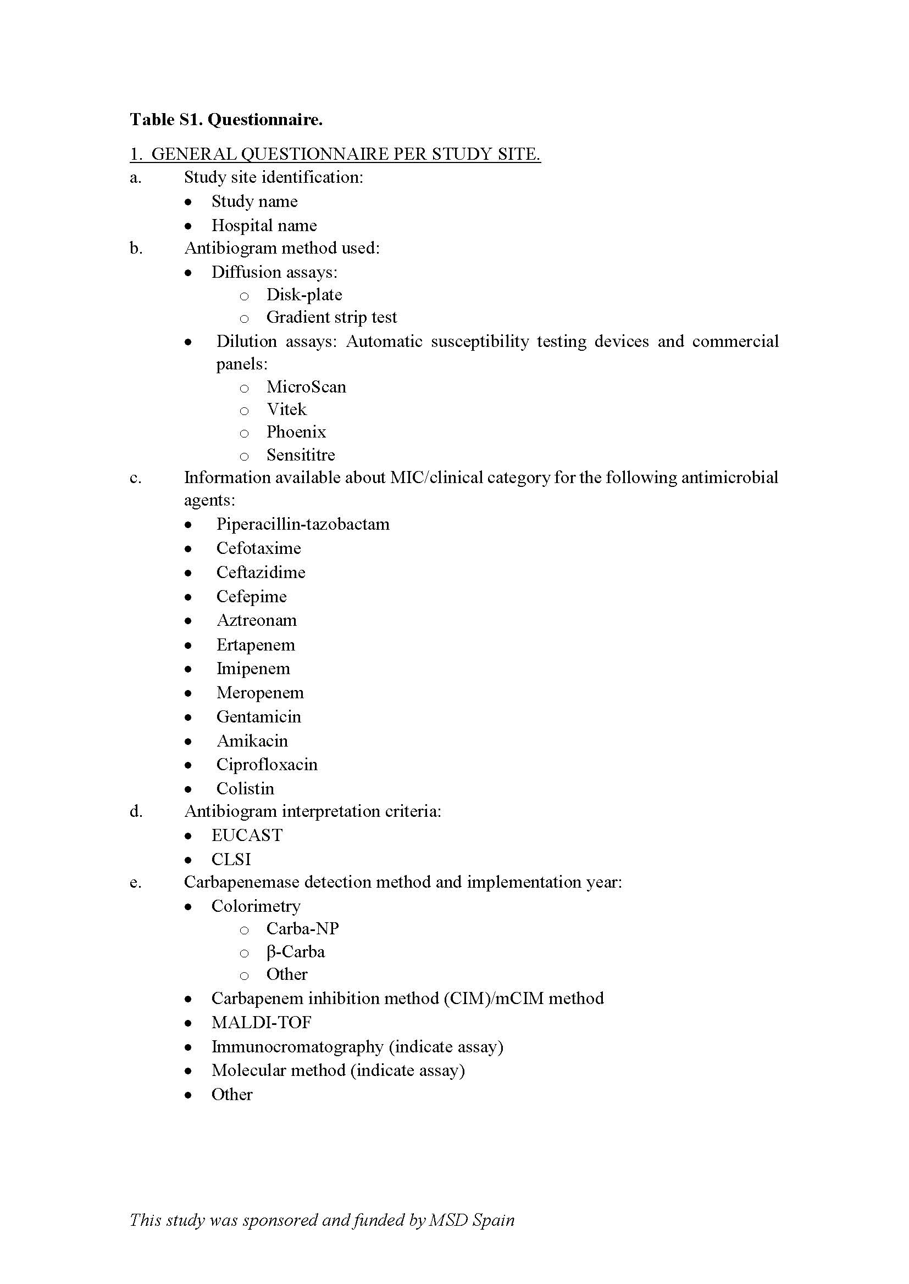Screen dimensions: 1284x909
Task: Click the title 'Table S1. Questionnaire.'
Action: click(226, 120)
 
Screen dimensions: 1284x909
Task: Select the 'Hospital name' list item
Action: click(264, 226)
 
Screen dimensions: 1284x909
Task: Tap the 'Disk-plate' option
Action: click(304, 295)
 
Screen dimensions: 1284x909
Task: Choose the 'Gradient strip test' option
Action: click(331, 317)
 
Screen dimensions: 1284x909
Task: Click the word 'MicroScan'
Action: click(306, 387)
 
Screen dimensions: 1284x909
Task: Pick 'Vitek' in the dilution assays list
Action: click(286, 410)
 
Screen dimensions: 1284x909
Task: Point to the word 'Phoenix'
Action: click(296, 431)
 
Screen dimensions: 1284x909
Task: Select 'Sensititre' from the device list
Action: click(301, 455)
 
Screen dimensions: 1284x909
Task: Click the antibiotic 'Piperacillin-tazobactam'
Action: click(303, 524)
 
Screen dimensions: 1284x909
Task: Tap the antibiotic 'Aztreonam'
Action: click(256, 620)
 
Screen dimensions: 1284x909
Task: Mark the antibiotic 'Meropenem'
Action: click(260, 693)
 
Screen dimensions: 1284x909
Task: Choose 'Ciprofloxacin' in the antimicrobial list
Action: click(267, 765)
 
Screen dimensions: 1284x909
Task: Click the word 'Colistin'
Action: click(245, 788)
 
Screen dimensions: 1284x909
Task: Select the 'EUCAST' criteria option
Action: click(247, 835)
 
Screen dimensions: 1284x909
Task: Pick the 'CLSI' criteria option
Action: click(231, 859)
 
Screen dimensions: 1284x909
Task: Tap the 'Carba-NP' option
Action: click(303, 928)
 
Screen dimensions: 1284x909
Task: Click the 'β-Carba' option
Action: click(296, 952)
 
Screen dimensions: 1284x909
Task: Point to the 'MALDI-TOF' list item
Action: click(262, 1022)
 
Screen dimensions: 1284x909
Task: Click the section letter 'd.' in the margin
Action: click(136, 811)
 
